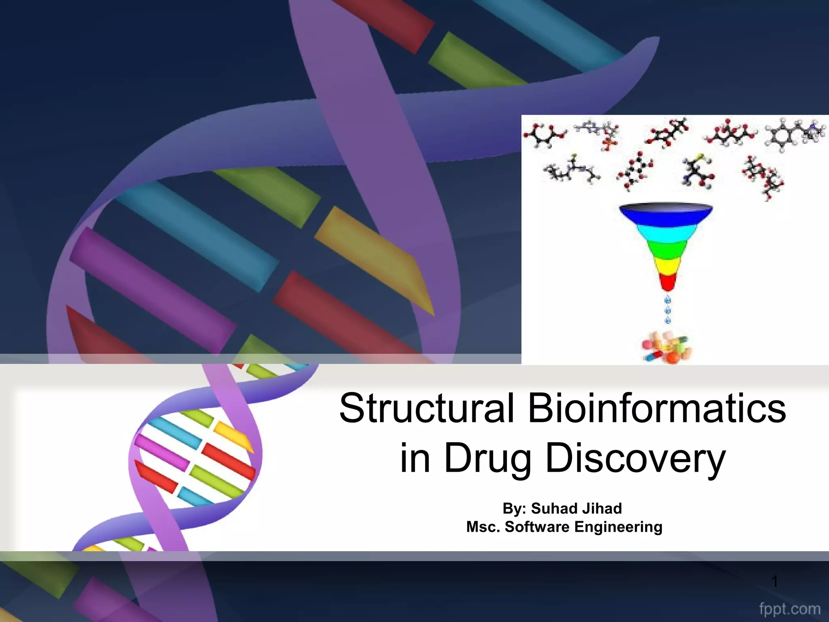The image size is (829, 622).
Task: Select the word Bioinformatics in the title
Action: (x=657, y=408)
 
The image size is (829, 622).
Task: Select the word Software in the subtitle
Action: (x=537, y=527)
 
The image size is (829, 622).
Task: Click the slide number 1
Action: (x=774, y=582)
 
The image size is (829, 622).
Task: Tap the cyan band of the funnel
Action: (x=666, y=233)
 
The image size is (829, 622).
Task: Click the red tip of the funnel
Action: (x=667, y=282)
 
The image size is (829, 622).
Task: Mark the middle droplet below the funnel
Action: (x=668, y=311)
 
